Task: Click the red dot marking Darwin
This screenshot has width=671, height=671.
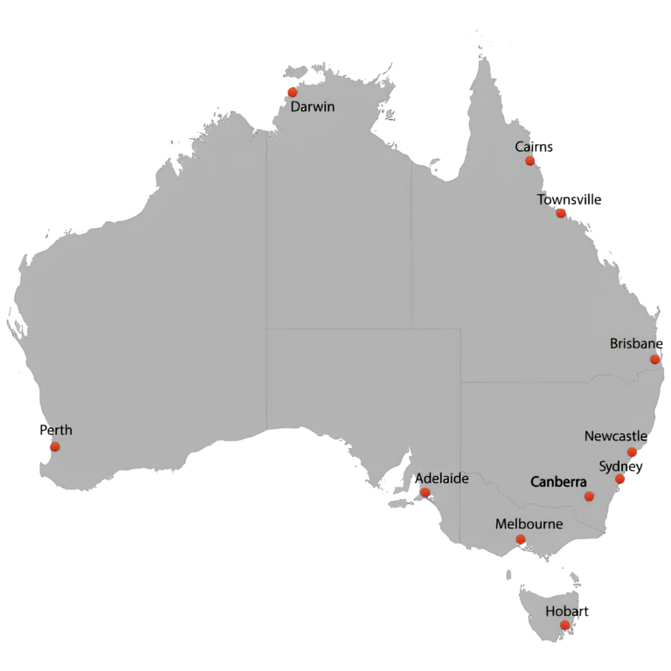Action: pos(292,93)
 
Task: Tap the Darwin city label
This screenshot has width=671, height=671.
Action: pos(314,107)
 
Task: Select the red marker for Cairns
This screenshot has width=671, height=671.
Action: pos(529,161)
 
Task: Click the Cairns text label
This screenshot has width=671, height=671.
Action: pos(534,147)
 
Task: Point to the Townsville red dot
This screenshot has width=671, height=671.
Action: pos(561,213)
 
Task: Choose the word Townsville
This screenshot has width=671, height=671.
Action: pos(569,199)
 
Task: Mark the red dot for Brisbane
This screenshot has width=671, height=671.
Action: pos(654,359)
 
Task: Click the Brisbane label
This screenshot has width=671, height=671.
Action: pos(636,343)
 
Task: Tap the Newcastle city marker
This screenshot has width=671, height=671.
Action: pos(632,452)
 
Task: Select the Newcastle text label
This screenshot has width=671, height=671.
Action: pos(615,436)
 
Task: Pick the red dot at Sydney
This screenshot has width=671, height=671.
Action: pos(619,479)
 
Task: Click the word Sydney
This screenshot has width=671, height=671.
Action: pos(620,466)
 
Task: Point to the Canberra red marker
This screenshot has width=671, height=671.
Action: pos(589,496)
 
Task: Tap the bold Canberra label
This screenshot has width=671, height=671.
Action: pos(558,481)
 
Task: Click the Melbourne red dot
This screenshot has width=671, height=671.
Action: pos(521,539)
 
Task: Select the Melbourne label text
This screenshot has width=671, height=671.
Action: pos(529,524)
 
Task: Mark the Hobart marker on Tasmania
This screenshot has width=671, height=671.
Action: pos(564,625)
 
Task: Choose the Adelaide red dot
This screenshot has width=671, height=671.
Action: pos(425,493)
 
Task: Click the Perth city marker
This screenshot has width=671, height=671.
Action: pos(55,446)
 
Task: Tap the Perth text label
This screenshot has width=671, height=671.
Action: pos(56,430)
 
